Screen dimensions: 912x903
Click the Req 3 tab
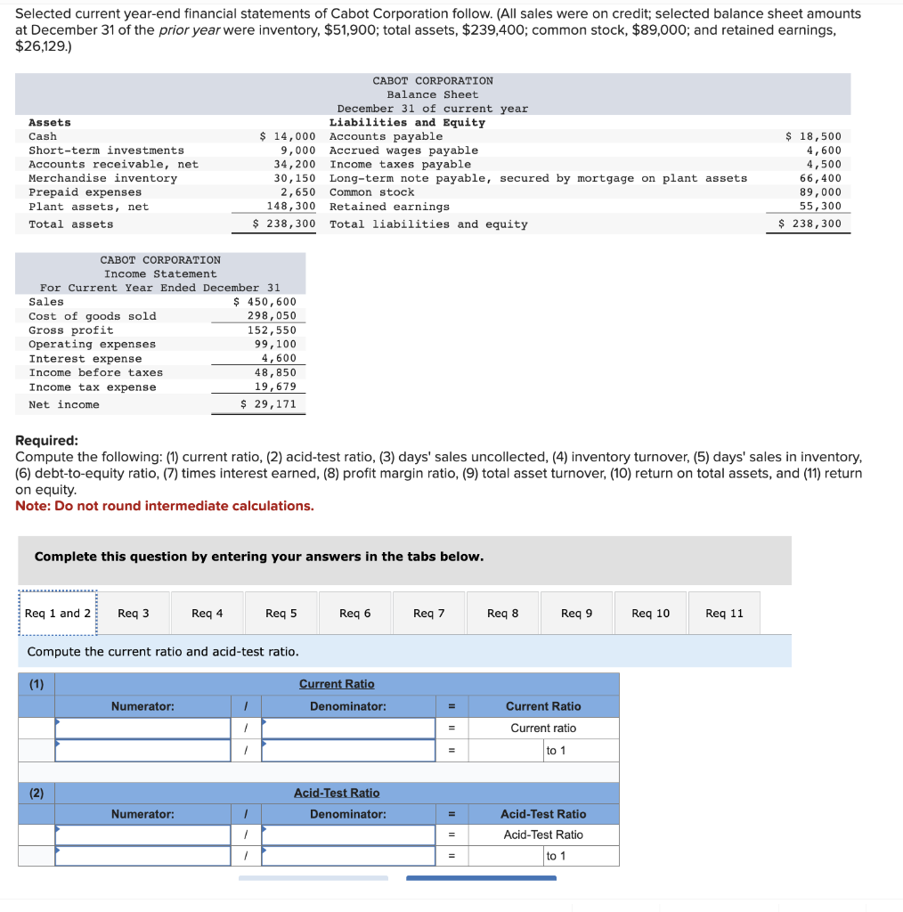tap(134, 613)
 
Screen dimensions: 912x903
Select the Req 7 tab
tap(428, 613)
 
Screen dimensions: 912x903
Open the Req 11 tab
tap(724, 613)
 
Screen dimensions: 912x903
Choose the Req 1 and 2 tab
tap(58, 613)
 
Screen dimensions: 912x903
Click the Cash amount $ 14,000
tap(287, 136)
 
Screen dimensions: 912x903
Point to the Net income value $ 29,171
tap(269, 404)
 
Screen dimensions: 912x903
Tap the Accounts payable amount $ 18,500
tap(813, 136)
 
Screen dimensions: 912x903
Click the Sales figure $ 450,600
tap(271, 302)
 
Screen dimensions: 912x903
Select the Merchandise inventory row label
tap(102, 178)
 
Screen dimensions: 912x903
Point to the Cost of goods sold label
tap(92, 316)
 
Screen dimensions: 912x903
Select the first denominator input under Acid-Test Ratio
tap(348, 835)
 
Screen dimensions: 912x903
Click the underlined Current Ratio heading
tap(337, 684)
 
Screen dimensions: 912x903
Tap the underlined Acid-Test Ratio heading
tap(337, 793)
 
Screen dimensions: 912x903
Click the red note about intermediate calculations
tap(165, 506)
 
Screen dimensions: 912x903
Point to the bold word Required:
tap(46, 441)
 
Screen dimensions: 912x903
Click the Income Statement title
tap(160, 273)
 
